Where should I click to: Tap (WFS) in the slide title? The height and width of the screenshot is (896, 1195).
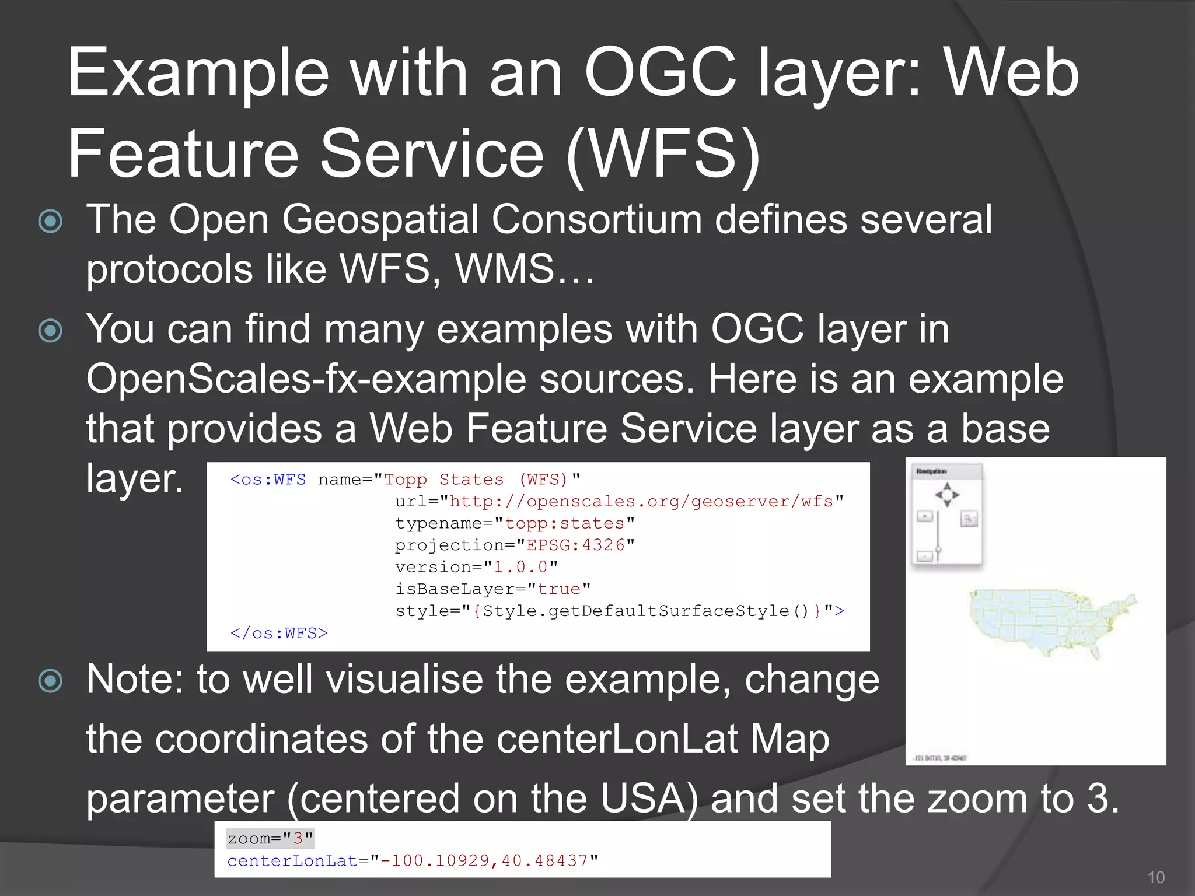[663, 155]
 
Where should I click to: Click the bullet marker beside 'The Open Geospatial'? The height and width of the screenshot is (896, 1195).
[50, 221]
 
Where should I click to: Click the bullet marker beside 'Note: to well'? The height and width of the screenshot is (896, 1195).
[50, 680]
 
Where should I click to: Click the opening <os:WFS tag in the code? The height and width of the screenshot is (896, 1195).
[268, 480]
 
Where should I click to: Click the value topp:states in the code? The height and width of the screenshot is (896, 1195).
[564, 523]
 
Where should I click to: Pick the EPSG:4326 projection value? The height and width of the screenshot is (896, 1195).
[575, 545]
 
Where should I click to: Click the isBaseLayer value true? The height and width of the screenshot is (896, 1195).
[559, 589]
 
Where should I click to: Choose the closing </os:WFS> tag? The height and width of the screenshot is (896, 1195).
[279, 633]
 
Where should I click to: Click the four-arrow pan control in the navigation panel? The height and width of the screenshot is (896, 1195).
[947, 495]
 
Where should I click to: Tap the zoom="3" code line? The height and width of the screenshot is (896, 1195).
[270, 839]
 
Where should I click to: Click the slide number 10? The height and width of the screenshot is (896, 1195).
[1155, 877]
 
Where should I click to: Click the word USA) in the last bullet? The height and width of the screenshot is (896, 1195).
[649, 799]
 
